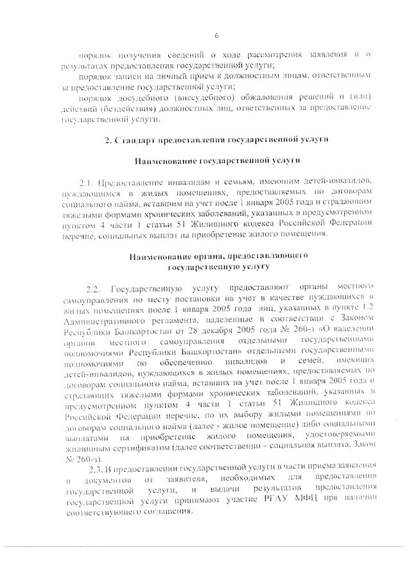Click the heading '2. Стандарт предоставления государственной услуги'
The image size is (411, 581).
pyautogui.click(x=216, y=139)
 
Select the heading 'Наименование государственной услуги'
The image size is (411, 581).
pyautogui.click(x=216, y=160)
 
